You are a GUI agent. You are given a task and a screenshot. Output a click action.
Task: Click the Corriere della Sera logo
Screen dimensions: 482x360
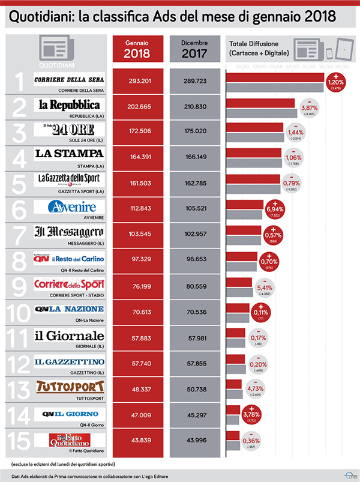coord(69,80)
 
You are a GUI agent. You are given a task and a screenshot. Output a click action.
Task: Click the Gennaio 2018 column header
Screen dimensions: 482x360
coord(137,49)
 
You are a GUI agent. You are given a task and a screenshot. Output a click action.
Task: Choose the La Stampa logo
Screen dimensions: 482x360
coord(69,154)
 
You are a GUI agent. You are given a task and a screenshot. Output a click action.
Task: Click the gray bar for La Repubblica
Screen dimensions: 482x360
coord(261,113)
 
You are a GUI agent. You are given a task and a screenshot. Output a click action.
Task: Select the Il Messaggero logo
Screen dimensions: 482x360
coord(69,232)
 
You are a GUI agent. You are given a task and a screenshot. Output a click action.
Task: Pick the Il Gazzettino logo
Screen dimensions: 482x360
coord(69,361)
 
